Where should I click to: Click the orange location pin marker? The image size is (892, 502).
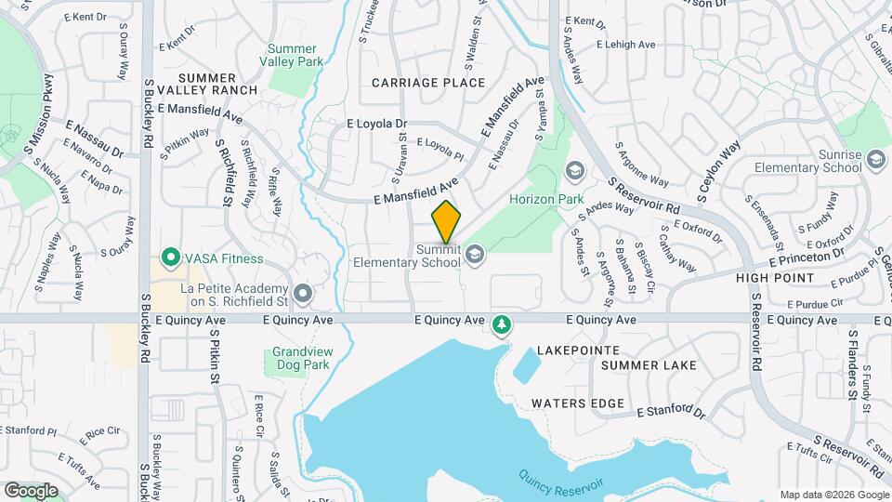point(447,222)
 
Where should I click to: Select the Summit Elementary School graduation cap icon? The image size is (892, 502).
point(476,254)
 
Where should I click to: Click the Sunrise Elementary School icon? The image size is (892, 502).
point(875,161)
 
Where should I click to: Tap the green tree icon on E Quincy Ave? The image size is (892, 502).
point(502,324)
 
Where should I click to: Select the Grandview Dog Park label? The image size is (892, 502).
point(302,359)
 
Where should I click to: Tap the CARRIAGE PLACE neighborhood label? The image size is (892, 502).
point(428,83)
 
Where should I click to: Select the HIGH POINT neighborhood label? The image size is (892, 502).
point(775,278)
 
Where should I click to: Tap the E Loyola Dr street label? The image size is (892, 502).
point(376,123)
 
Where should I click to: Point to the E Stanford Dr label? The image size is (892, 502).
point(671,410)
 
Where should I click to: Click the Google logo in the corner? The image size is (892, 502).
point(31,490)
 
